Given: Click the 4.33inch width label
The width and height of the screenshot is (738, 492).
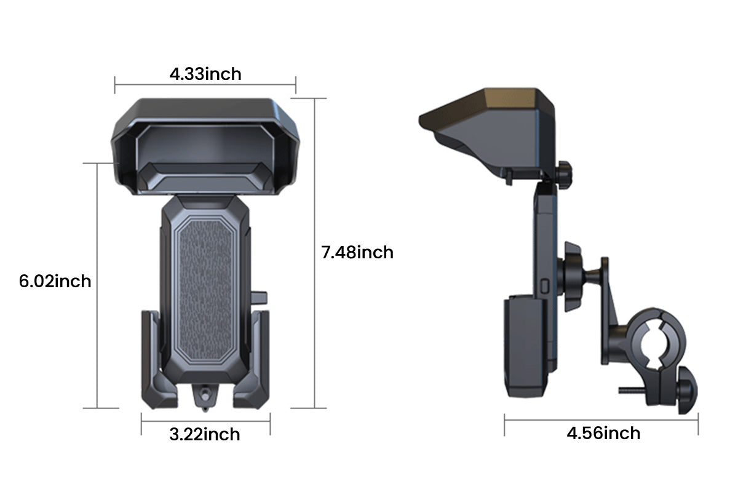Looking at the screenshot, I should [x=205, y=74].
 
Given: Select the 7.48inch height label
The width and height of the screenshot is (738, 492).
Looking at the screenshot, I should [x=357, y=252].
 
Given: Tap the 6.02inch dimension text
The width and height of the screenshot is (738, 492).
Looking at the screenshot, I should [x=55, y=282].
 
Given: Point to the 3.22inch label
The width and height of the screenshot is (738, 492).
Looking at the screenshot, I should [x=205, y=434].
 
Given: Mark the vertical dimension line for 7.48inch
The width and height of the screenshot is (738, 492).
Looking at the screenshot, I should [x=315, y=252].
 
